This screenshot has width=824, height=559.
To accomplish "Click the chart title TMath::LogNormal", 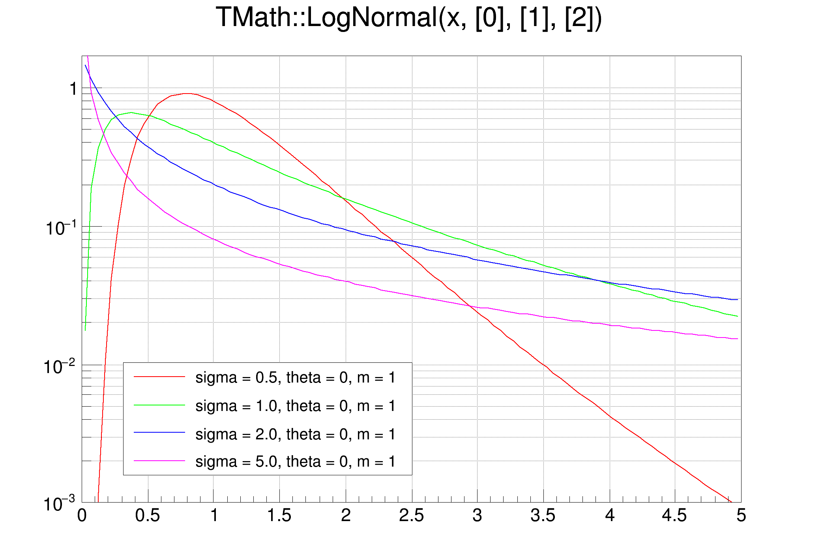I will coord(409,18).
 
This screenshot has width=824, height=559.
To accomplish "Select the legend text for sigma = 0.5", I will coord(295,378).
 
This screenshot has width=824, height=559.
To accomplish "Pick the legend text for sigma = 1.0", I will coord(295,406).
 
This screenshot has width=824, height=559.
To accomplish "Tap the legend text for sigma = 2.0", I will coord(295,435).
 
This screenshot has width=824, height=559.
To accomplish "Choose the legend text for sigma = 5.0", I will coord(295,462).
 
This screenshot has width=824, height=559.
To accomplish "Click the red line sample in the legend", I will coord(159,377).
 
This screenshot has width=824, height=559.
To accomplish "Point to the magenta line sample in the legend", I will coord(159,461).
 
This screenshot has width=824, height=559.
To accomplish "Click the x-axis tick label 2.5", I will coord(411,516).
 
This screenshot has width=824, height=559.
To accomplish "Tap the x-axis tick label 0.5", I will coord(148,516).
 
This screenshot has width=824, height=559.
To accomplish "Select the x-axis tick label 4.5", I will coord(674,516).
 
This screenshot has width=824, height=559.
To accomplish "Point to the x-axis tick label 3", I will coord(477,516).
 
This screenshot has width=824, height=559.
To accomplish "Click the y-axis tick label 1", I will coord(73,89).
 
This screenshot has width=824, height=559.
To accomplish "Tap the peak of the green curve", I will coord(131,113).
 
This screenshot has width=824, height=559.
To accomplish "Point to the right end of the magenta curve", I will coord(737,339).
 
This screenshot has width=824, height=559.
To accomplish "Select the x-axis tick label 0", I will coord(82,516).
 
